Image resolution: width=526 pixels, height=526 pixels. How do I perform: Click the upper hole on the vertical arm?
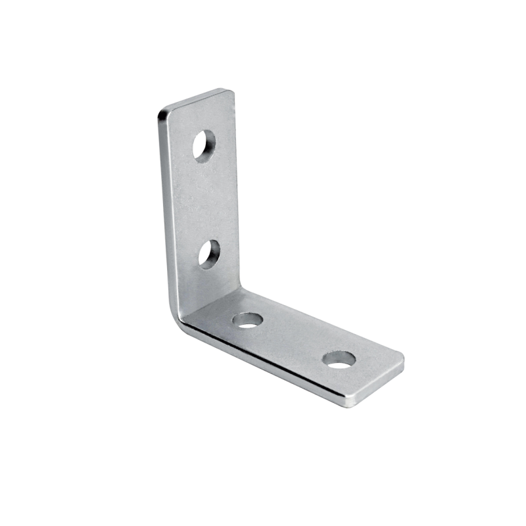(x=204, y=145)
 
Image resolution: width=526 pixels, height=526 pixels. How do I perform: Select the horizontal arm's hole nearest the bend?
(x=248, y=320)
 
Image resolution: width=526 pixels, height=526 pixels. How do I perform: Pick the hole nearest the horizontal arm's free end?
(x=339, y=359)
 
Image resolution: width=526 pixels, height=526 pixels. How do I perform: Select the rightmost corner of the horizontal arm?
(x=402, y=360)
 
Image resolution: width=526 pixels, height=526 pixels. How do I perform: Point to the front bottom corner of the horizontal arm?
(x=349, y=402)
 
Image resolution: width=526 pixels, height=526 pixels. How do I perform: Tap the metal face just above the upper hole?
(x=201, y=118)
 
